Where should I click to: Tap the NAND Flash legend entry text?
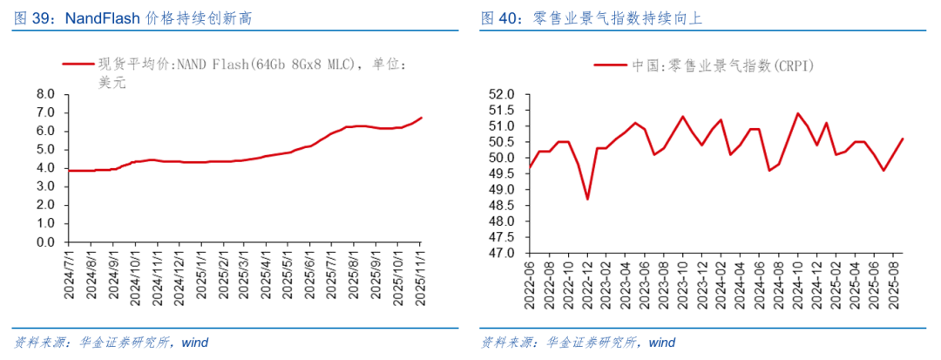coord(252,65)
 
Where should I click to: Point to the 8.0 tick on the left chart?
coord(45,94)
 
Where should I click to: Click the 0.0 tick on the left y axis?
coord(45,242)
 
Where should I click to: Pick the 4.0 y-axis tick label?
coord(45,168)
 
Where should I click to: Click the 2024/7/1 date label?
coord(70,275)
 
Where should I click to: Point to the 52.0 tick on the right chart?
coord(502,94)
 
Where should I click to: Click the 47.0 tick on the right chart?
coord(502,253)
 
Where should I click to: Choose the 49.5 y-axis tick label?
coord(502,173)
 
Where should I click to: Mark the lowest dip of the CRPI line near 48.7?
coord(587,199)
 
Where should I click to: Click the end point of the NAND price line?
coord(422,118)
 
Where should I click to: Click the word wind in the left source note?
coord(194,343)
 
